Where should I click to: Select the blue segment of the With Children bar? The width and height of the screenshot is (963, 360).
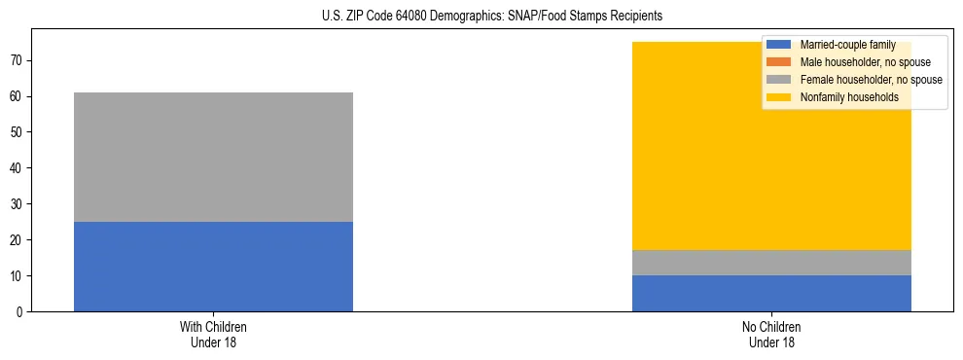213,267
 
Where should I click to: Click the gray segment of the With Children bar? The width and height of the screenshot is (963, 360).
213,157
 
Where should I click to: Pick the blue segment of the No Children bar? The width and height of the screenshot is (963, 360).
771,293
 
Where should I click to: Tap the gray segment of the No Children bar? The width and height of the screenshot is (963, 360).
771,263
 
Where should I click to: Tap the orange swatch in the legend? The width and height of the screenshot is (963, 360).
779,62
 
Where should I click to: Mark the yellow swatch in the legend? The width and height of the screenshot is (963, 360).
779,97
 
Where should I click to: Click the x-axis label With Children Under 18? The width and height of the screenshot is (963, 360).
213,334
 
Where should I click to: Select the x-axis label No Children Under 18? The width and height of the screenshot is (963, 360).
771,334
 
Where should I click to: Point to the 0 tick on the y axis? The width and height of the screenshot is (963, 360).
19,312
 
